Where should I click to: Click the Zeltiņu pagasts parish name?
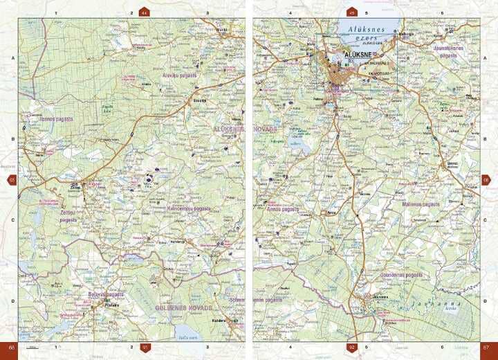[68, 215]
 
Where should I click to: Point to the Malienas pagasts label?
[421, 204]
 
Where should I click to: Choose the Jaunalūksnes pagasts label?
[457, 52]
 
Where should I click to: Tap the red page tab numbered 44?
[144, 12]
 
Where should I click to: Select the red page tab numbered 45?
[351, 12]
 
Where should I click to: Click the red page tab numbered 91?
[145, 347]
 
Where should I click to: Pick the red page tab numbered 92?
[351, 347]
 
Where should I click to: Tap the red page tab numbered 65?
[11, 180]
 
